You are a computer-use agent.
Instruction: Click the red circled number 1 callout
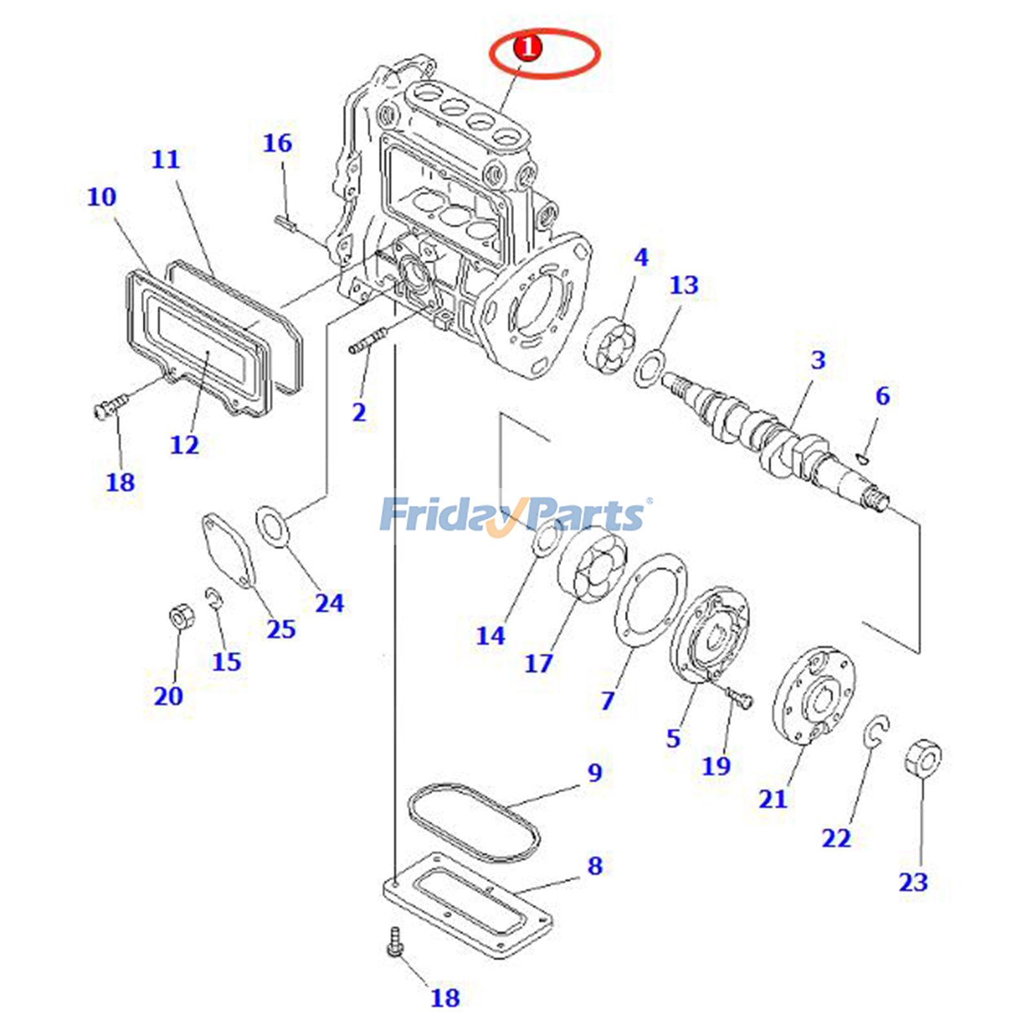tap(527, 48)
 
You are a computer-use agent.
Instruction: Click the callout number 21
tap(773, 799)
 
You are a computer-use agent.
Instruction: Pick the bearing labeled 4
tap(611, 346)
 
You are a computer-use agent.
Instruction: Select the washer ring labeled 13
tap(649, 368)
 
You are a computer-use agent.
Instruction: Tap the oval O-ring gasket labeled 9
tap(473, 822)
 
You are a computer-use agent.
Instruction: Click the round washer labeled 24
tap(272, 527)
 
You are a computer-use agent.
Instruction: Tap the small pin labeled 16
tap(285, 223)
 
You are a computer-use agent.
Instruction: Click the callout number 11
tap(165, 159)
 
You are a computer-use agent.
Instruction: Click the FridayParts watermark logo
tap(513, 515)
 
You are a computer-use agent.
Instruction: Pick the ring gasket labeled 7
tap(650, 600)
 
